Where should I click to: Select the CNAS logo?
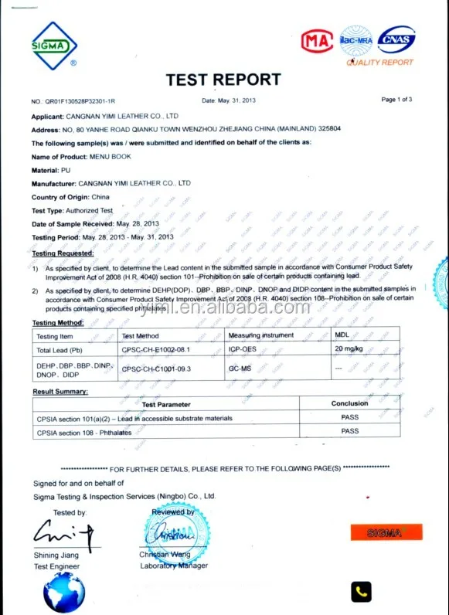396,39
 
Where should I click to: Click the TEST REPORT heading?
223,80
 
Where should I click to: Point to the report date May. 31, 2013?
240,100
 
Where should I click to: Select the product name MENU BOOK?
111,157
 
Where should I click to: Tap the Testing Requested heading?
63,253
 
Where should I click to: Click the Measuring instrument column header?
261,335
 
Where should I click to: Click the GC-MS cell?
239,369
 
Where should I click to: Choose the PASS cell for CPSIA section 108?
350,432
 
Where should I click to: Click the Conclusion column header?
350,403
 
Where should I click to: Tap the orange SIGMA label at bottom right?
386,532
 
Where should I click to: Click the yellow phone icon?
361,592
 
